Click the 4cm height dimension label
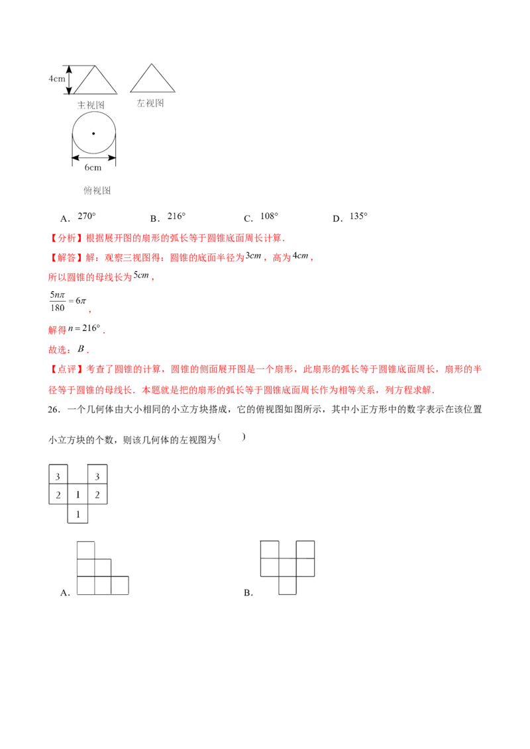[x=57, y=78]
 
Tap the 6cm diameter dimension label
[x=93, y=167]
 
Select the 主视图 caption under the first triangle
[x=91, y=105]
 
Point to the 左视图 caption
[x=150, y=103]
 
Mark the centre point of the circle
[x=93, y=133]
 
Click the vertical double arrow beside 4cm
[x=68, y=78]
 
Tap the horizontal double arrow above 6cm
[x=93, y=157]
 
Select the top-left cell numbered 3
[x=58, y=475]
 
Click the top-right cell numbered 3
[x=97, y=475]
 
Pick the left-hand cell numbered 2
[x=58, y=494]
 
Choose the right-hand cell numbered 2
[x=97, y=494]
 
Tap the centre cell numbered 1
[x=78, y=494]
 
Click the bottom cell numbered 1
[x=78, y=513]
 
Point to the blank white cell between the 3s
[x=78, y=475]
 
